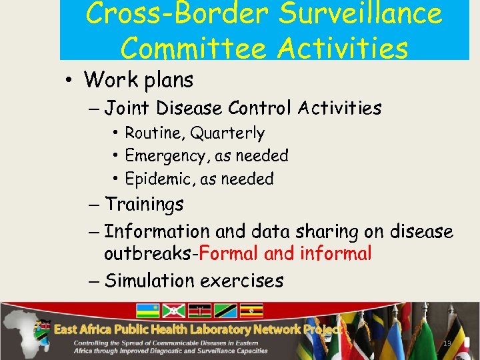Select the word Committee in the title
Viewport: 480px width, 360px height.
[x=190, y=48]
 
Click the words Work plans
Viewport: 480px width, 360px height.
[x=139, y=80]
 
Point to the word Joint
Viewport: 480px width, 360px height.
[x=127, y=107]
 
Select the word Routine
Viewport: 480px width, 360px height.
[x=154, y=133]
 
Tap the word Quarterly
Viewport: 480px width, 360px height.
[x=227, y=133]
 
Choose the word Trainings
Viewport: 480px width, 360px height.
[x=144, y=204]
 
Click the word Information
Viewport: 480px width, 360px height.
[x=157, y=231]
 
